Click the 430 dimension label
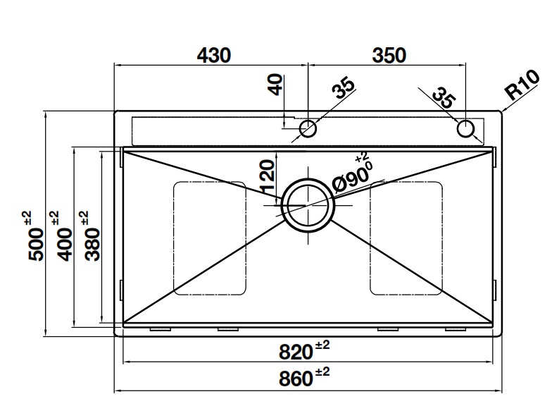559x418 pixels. [x=213, y=55]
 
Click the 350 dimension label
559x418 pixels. [x=388, y=55]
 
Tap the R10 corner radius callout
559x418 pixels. [x=522, y=86]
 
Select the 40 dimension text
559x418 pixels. [x=275, y=84]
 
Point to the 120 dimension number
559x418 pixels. [x=266, y=176]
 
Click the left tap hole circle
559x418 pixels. [x=308, y=129]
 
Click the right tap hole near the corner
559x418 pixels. [x=465, y=129]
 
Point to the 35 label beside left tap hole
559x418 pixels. [x=343, y=89]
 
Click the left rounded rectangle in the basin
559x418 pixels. [x=210, y=238]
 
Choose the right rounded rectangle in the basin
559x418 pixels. [x=406, y=238]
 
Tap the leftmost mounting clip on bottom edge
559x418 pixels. [x=161, y=329]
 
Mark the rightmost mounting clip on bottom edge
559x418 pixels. [x=456, y=329]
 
